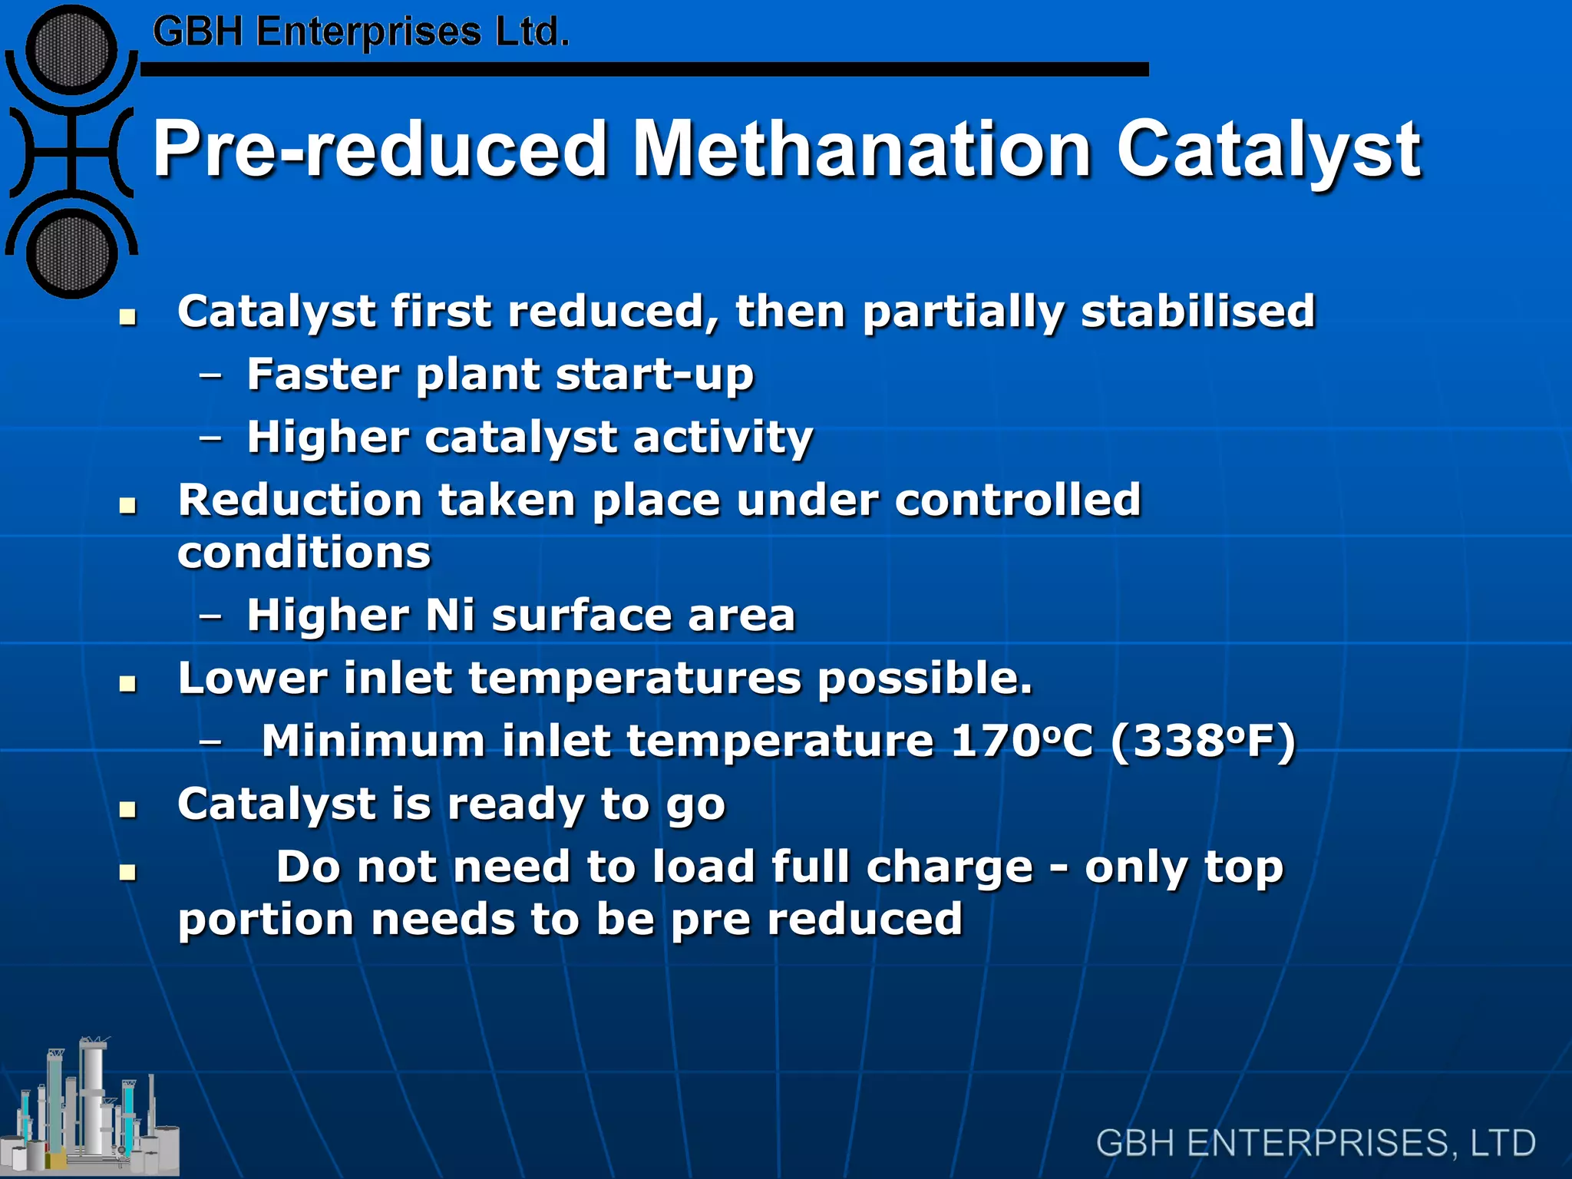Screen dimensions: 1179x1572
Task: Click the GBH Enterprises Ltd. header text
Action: click(x=361, y=32)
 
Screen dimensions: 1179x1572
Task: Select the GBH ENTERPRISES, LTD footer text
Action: click(x=1316, y=1143)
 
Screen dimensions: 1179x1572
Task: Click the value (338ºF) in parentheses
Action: click(x=1203, y=741)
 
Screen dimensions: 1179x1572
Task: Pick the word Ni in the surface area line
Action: click(x=450, y=616)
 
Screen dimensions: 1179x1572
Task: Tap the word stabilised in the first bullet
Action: click(x=1198, y=311)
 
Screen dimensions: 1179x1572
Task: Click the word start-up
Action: click(x=655, y=375)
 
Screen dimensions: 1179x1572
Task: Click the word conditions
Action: click(x=305, y=553)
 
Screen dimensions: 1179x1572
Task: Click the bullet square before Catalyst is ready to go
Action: click(x=128, y=809)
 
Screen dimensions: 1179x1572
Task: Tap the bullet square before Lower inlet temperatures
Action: click(x=128, y=683)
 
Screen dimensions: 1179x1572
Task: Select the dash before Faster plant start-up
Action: click(x=210, y=375)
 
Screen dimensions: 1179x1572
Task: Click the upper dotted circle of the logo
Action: click(x=71, y=50)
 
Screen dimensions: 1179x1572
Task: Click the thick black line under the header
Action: click(x=645, y=70)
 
